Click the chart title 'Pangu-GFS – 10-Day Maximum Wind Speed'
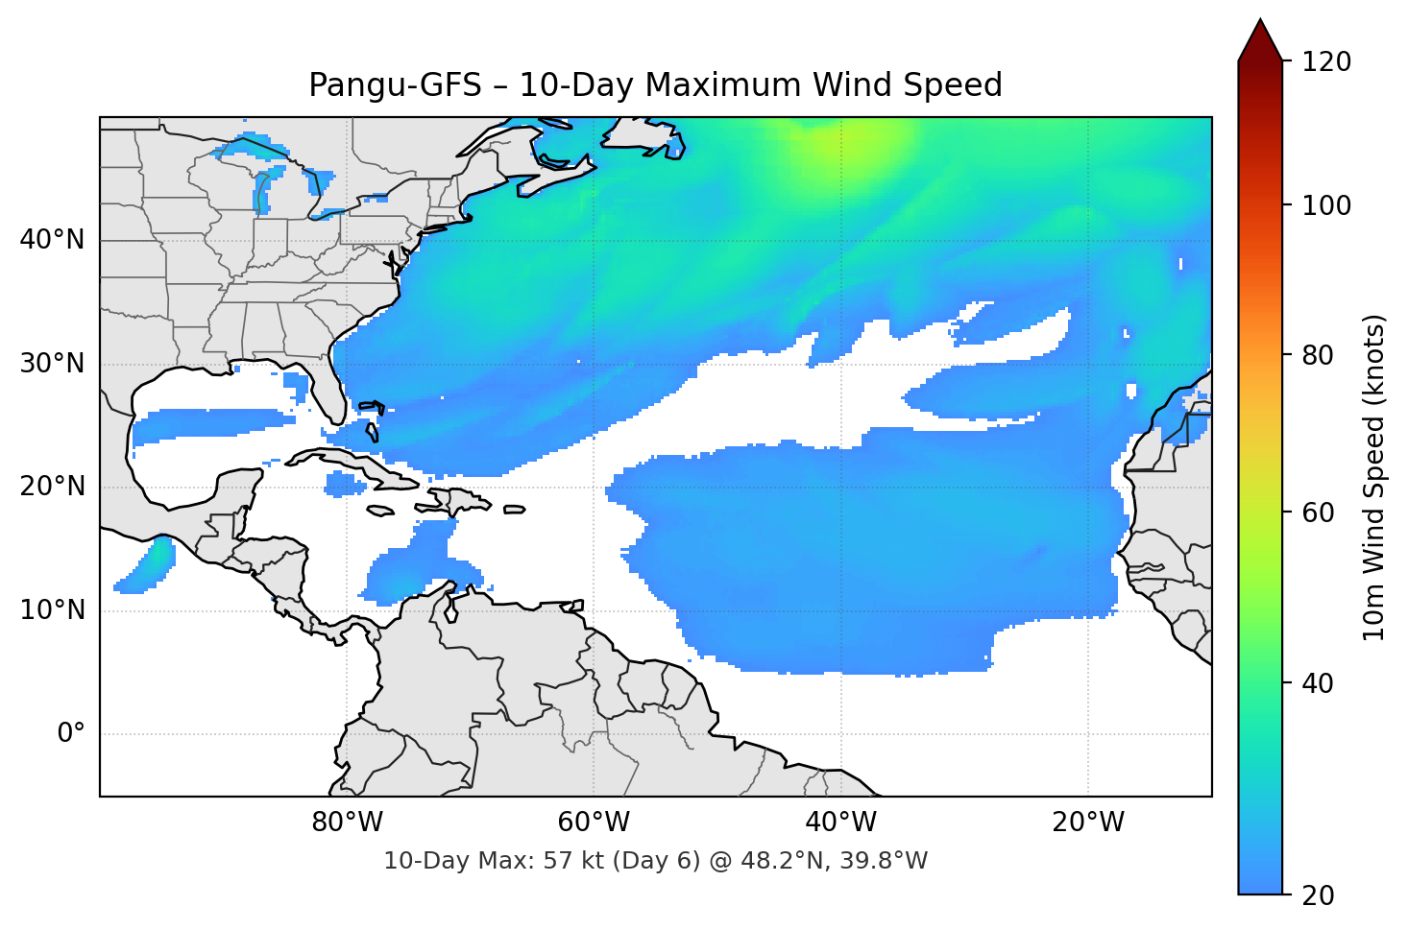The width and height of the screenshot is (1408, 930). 655,85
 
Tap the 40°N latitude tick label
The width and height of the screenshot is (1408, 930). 52,240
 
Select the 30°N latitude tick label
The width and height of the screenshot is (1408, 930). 52,364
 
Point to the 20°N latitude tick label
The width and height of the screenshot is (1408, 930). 52,487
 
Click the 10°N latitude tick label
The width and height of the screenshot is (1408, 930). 52,610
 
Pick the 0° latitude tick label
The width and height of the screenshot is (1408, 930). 71,734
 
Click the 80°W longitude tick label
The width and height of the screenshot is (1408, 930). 347,823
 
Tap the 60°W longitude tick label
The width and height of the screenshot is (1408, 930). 594,823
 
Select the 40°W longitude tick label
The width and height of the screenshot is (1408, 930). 841,823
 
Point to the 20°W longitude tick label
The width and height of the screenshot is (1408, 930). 1088,823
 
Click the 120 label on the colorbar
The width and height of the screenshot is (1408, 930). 1326,62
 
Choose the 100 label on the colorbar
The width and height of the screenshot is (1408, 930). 1326,205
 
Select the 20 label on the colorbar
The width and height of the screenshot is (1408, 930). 1318,895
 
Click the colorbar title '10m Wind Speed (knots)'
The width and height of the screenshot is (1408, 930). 1374,477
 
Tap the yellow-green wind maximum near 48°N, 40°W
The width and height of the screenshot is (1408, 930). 845,141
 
